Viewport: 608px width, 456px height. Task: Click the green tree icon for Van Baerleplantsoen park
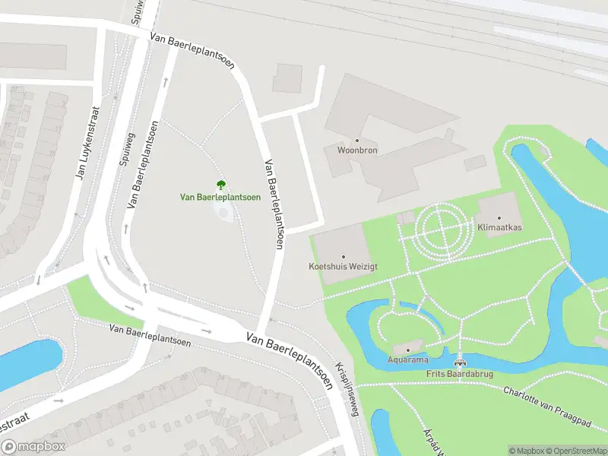click(x=220, y=184)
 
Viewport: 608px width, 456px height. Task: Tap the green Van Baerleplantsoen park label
click(x=220, y=197)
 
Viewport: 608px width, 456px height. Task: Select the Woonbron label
click(x=357, y=150)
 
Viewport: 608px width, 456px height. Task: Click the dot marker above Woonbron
click(x=357, y=141)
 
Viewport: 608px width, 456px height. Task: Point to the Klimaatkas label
click(x=499, y=227)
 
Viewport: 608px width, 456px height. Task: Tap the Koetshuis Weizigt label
click(x=343, y=267)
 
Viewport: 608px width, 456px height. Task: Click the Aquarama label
click(x=407, y=359)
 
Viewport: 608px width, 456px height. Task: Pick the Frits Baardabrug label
click(x=460, y=374)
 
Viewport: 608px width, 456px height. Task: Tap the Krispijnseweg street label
click(x=349, y=388)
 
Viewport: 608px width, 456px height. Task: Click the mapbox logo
click(x=33, y=447)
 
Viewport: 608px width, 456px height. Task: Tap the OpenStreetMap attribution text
click(x=573, y=451)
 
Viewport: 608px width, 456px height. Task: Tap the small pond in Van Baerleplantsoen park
click(x=223, y=212)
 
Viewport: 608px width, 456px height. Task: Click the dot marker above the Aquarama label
click(x=407, y=350)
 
